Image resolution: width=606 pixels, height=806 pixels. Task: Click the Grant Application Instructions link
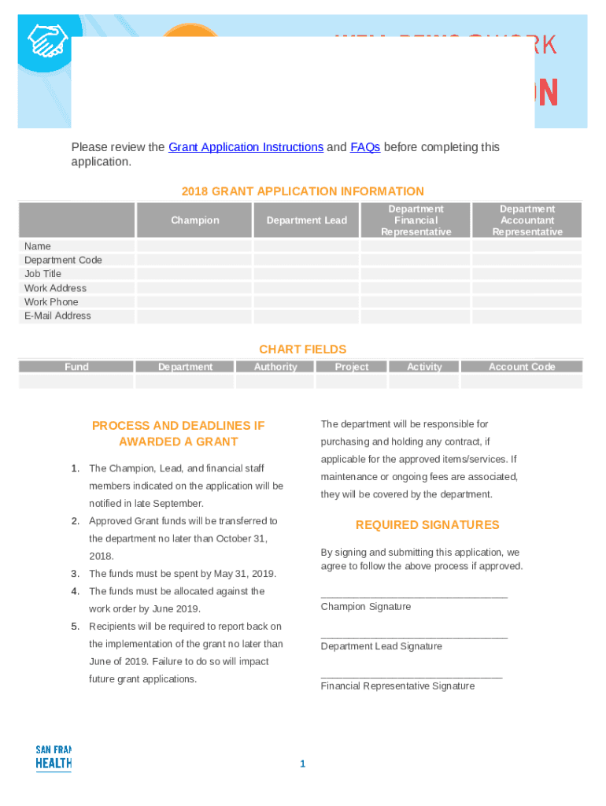coord(246,147)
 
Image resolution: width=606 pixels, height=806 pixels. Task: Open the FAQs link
coord(365,147)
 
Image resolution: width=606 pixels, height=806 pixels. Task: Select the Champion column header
coord(195,220)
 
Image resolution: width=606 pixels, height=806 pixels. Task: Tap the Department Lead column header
coord(306,220)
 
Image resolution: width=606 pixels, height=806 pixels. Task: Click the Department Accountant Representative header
coord(527,220)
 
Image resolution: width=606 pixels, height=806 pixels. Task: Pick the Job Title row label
coord(42,274)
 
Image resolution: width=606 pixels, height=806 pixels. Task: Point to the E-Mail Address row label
coord(57,316)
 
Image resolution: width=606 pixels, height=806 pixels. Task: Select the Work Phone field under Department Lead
coord(305,302)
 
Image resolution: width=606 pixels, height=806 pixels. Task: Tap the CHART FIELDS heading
coord(303,349)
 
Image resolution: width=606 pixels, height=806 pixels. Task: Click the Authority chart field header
coord(275,367)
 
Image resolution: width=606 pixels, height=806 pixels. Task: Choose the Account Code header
coord(522,367)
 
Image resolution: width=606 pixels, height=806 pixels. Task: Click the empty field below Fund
coord(76,382)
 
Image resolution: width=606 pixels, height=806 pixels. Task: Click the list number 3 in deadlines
coord(76,574)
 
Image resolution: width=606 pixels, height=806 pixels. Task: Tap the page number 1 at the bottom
coord(302,764)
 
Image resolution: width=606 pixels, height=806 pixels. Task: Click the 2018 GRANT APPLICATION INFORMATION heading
coord(303,191)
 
